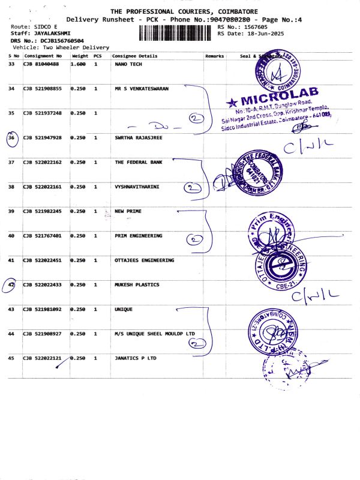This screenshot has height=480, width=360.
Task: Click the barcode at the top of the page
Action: point(177,32)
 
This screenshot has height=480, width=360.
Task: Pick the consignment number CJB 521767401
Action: point(42,236)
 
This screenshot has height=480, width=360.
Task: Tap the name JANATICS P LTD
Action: point(135,358)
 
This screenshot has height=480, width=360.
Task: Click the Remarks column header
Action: point(214,56)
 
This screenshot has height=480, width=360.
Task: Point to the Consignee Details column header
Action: point(134,56)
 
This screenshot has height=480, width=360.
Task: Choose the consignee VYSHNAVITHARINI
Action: point(137,187)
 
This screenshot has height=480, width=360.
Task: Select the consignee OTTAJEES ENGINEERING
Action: point(144,260)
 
